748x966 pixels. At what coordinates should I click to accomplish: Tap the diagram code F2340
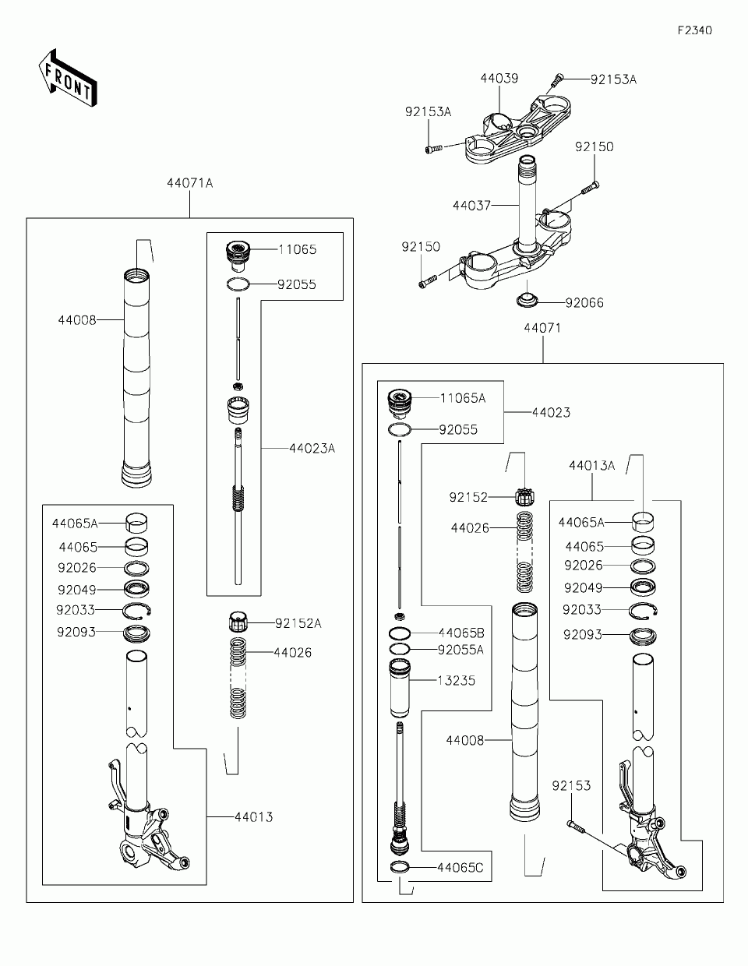694,31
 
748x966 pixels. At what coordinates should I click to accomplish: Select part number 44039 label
499,79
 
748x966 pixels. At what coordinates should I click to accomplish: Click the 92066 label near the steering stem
584,302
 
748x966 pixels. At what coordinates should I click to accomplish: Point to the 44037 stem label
471,206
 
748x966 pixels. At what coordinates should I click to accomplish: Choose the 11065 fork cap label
298,250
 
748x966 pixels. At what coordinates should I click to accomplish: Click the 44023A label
312,449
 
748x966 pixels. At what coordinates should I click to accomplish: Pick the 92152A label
298,623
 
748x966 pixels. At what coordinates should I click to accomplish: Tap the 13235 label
457,680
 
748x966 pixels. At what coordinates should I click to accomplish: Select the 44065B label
460,633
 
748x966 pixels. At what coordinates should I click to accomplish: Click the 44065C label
460,867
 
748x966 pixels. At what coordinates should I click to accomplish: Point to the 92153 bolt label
572,785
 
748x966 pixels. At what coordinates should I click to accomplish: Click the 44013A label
591,466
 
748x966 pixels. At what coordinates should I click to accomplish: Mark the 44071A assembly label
189,184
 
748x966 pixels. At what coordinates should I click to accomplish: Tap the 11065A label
463,398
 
